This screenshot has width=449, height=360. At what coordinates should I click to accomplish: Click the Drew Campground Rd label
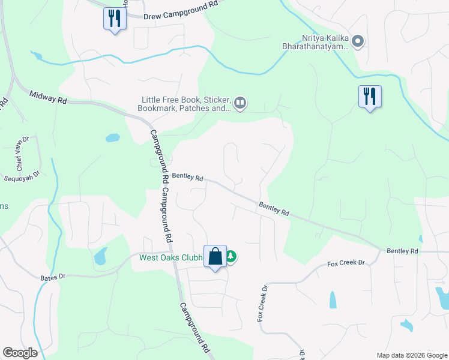point(180,14)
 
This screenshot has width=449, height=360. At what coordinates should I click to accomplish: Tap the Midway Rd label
point(47,98)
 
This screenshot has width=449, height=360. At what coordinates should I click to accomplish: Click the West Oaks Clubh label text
point(171,258)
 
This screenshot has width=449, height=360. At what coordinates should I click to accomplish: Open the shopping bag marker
point(215,257)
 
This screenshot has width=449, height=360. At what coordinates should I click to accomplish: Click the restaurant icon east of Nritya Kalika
point(370,96)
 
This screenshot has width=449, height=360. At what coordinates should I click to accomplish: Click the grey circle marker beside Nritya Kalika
point(358,41)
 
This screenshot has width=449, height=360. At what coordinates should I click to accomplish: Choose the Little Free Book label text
point(185,104)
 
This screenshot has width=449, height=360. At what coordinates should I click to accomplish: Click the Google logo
point(20,352)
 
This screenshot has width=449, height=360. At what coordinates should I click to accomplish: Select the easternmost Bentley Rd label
point(402,250)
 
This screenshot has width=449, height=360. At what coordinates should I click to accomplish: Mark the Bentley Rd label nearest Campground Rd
point(188,178)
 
